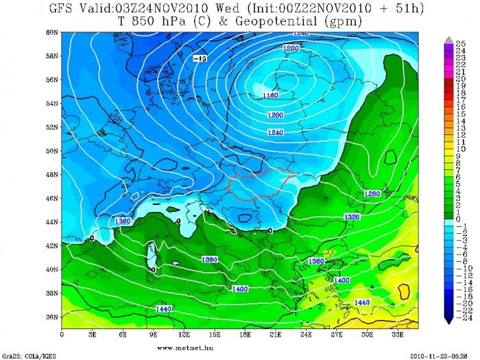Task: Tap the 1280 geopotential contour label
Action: pyautogui.click(x=373, y=193)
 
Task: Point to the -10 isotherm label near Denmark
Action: pyautogui.click(x=200, y=59)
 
